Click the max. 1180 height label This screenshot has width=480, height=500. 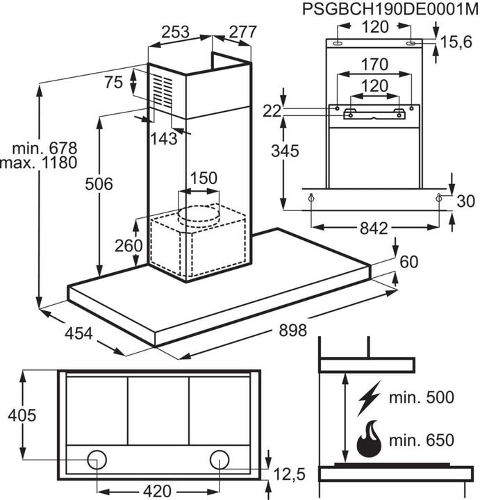pos(38,164)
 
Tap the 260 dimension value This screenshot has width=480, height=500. pos(128,245)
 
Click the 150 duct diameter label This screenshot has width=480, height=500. pos(204,178)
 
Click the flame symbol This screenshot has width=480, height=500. pos(367,440)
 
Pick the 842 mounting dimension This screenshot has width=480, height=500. pos(375,228)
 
